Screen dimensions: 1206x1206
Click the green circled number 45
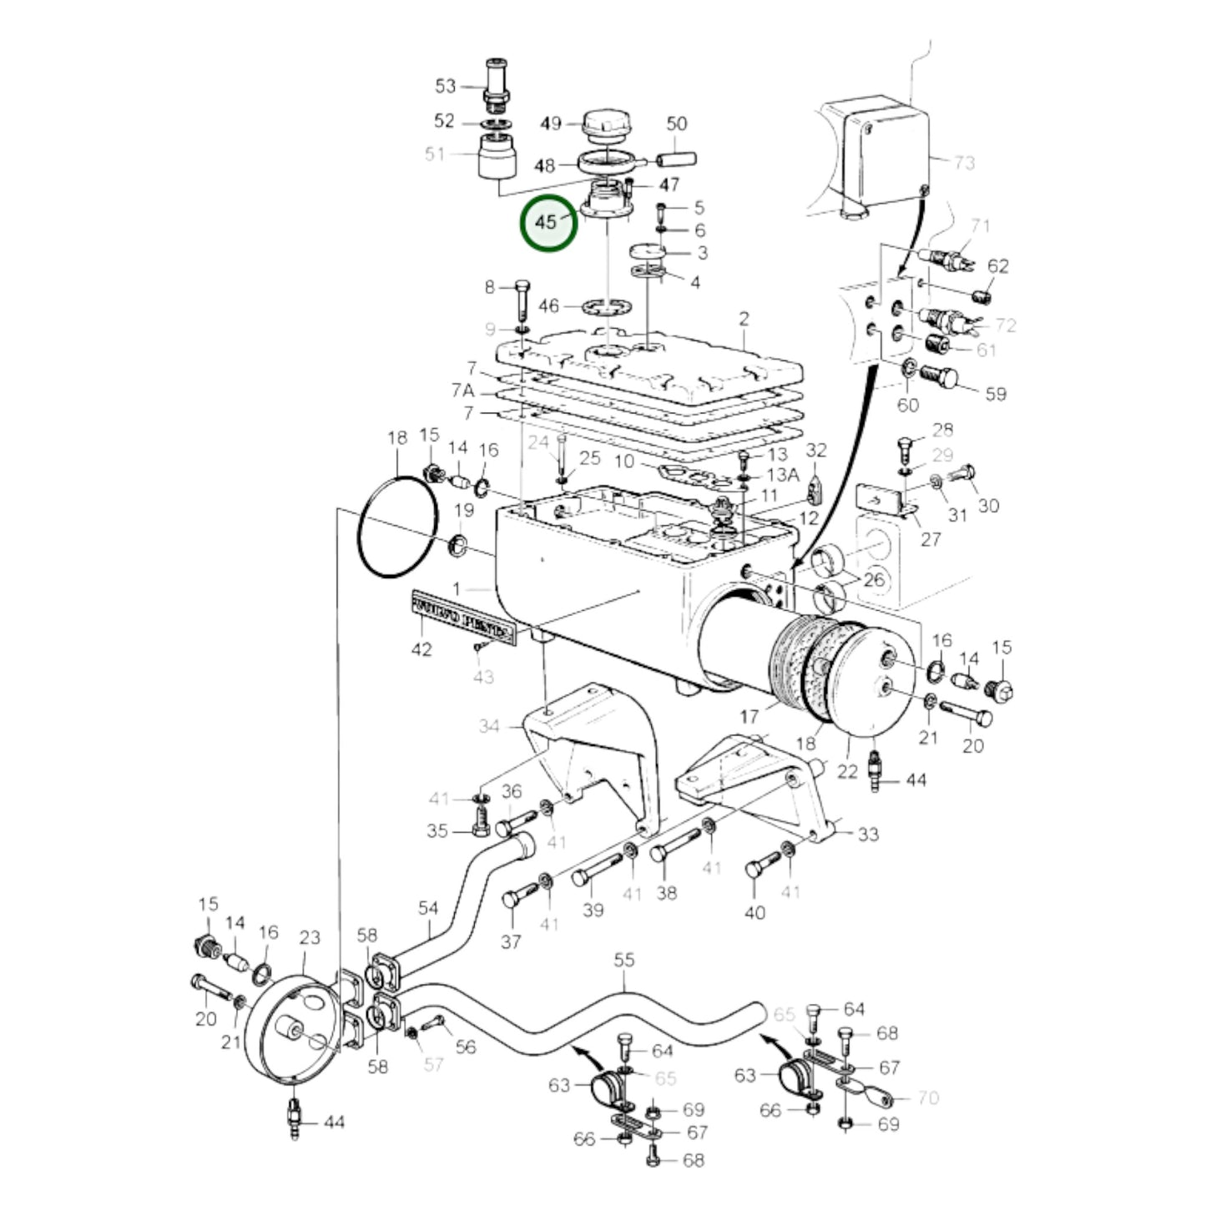[x=547, y=222]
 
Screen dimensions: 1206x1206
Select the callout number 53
[x=446, y=86]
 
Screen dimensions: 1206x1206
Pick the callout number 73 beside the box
[x=964, y=162]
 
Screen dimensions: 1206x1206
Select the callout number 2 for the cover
[x=744, y=319]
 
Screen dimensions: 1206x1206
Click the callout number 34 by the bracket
[x=489, y=726]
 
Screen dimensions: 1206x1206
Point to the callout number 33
[x=869, y=834]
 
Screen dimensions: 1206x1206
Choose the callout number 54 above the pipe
[x=428, y=907]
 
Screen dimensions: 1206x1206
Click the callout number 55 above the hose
[x=624, y=961]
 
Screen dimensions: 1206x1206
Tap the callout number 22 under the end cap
[x=847, y=771]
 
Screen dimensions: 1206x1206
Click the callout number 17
[x=749, y=716]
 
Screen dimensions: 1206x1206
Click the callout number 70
[x=928, y=1098]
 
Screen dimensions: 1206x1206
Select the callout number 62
[x=997, y=266]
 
